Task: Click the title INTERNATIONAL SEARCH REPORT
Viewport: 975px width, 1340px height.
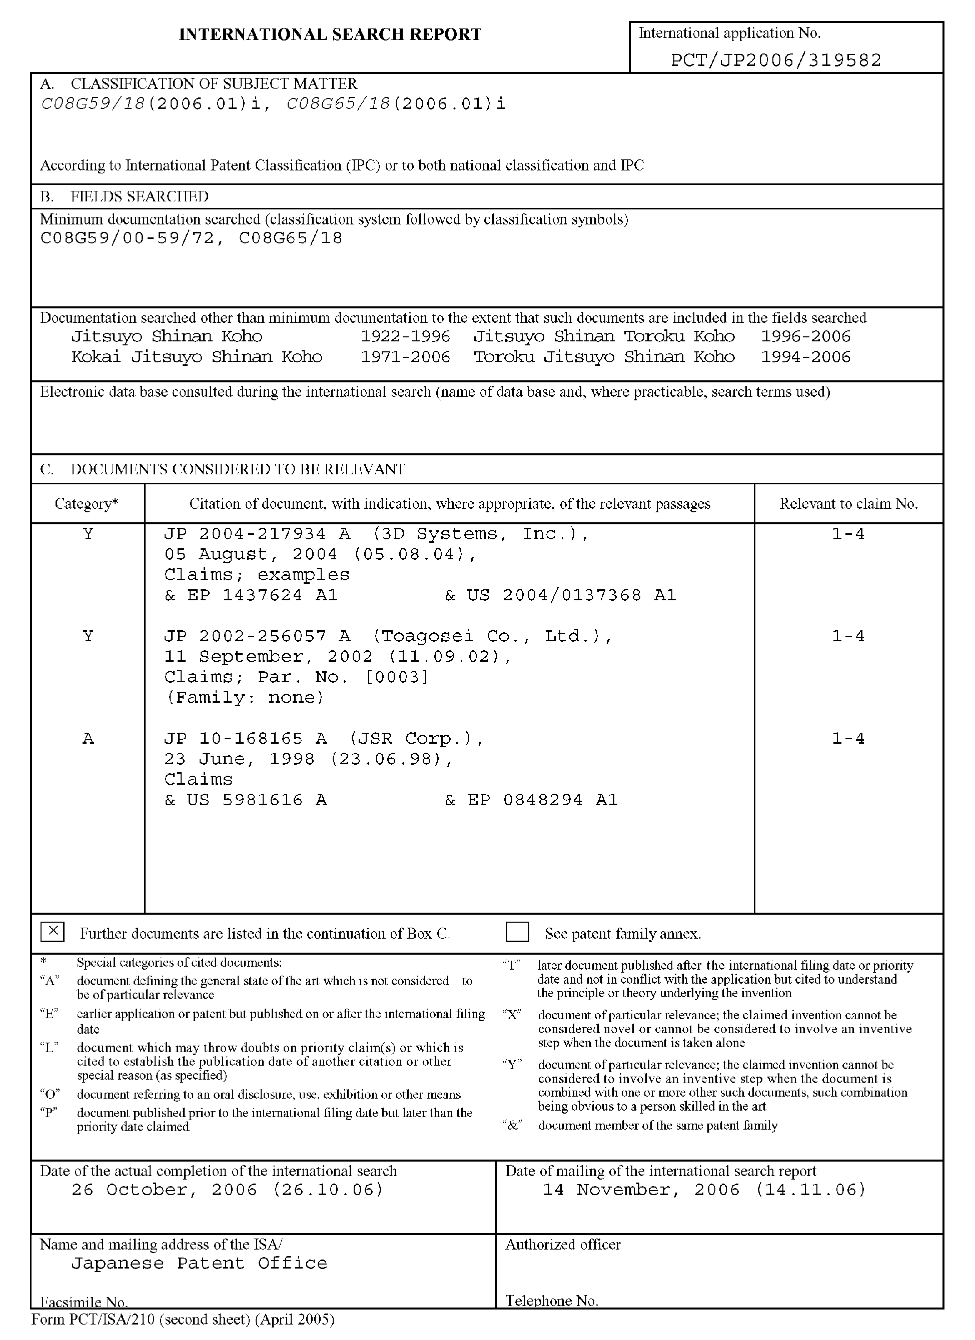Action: [x=330, y=35]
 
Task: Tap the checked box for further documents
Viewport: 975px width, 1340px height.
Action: [x=53, y=932]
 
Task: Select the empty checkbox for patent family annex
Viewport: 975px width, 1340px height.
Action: [x=517, y=932]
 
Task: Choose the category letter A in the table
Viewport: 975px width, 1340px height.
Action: [x=88, y=739]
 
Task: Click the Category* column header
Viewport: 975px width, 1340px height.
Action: [x=87, y=504]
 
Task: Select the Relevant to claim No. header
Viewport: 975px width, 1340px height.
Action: [x=848, y=504]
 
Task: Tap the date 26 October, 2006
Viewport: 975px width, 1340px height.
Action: [x=228, y=1190]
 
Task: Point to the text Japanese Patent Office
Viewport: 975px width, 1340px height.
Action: [x=199, y=1263]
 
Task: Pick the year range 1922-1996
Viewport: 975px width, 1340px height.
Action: [x=406, y=337]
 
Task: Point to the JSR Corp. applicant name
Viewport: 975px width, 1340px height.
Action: [x=416, y=739]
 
